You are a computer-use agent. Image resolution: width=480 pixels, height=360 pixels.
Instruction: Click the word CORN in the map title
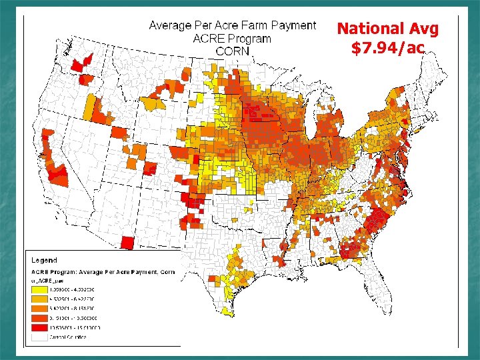[x=232, y=51]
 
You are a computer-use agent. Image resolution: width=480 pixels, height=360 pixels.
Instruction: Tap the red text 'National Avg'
[x=388, y=29]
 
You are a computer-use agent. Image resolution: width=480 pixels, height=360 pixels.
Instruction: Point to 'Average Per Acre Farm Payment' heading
[x=232, y=25]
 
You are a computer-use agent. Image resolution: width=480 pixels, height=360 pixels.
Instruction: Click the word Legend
[x=43, y=260]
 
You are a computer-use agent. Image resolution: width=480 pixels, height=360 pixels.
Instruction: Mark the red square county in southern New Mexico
[x=129, y=243]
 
